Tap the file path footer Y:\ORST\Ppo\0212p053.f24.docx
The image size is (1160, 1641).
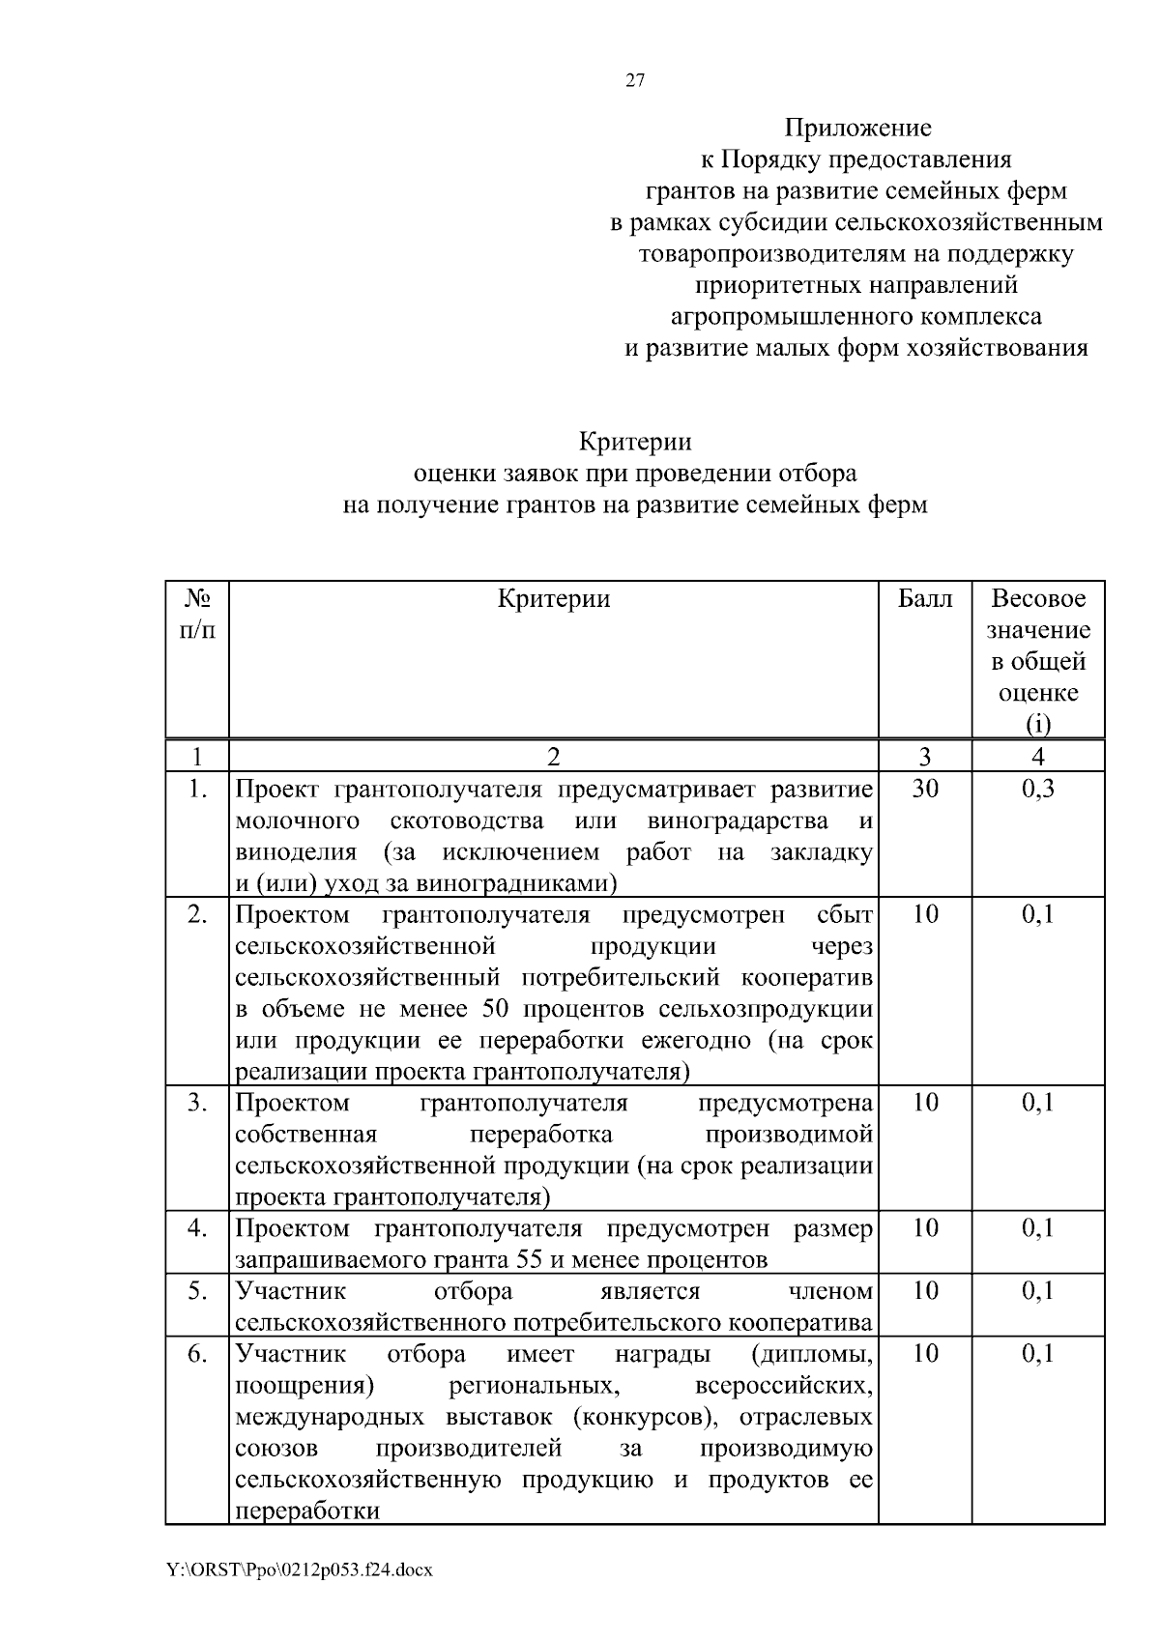300,1569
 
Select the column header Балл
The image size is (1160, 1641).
925,599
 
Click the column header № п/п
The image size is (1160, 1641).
197,615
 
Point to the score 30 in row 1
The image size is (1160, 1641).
925,790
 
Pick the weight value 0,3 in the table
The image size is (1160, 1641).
1038,790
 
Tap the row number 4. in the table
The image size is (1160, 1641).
197,1228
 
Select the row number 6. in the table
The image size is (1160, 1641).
197,1354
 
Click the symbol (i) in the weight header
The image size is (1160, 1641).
1038,725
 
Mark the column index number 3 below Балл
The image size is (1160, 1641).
925,757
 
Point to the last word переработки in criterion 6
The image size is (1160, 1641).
307,1511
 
